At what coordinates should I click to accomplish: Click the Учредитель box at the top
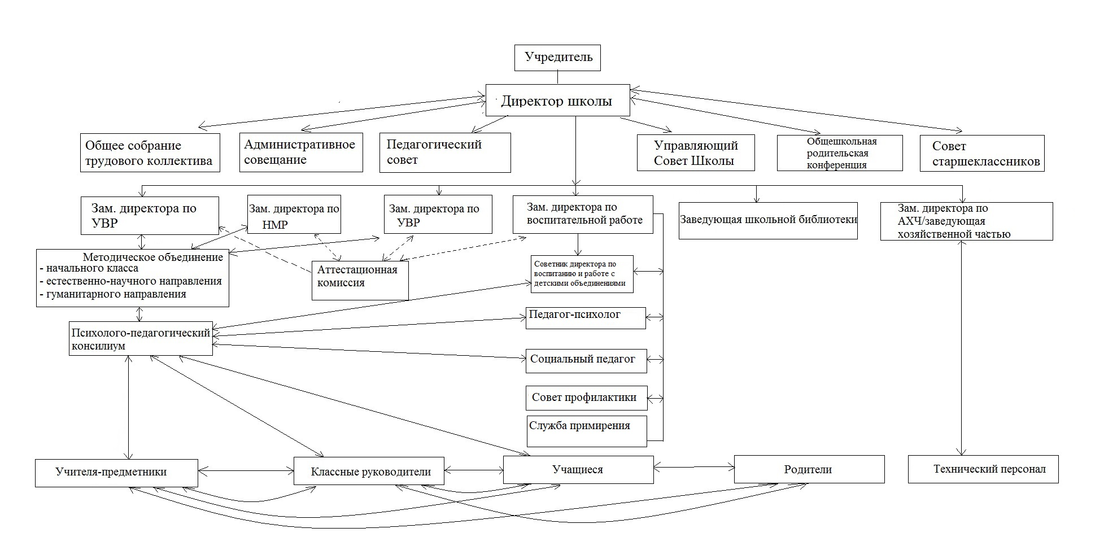point(557,58)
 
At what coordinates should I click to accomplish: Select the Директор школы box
point(558,101)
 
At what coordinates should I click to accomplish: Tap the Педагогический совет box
point(445,152)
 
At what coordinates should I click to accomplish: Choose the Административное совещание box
point(301,152)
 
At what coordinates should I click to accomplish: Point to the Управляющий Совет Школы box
point(696,152)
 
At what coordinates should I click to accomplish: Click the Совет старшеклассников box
point(982,153)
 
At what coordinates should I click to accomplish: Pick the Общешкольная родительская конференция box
point(840,153)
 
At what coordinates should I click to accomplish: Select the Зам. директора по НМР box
point(294,214)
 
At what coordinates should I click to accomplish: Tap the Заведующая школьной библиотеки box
point(768,220)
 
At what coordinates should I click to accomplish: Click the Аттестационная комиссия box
point(360,280)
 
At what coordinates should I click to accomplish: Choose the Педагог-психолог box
point(586,318)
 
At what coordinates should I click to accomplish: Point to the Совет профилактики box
point(586,398)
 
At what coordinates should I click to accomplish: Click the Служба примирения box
point(586,431)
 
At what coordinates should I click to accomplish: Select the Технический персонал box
point(983,469)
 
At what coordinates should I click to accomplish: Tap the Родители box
point(809,469)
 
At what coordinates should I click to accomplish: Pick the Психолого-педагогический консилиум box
point(141,339)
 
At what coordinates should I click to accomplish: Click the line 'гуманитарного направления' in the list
point(113,294)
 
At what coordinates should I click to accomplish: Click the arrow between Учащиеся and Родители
point(694,467)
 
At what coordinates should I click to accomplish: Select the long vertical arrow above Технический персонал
point(961,348)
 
